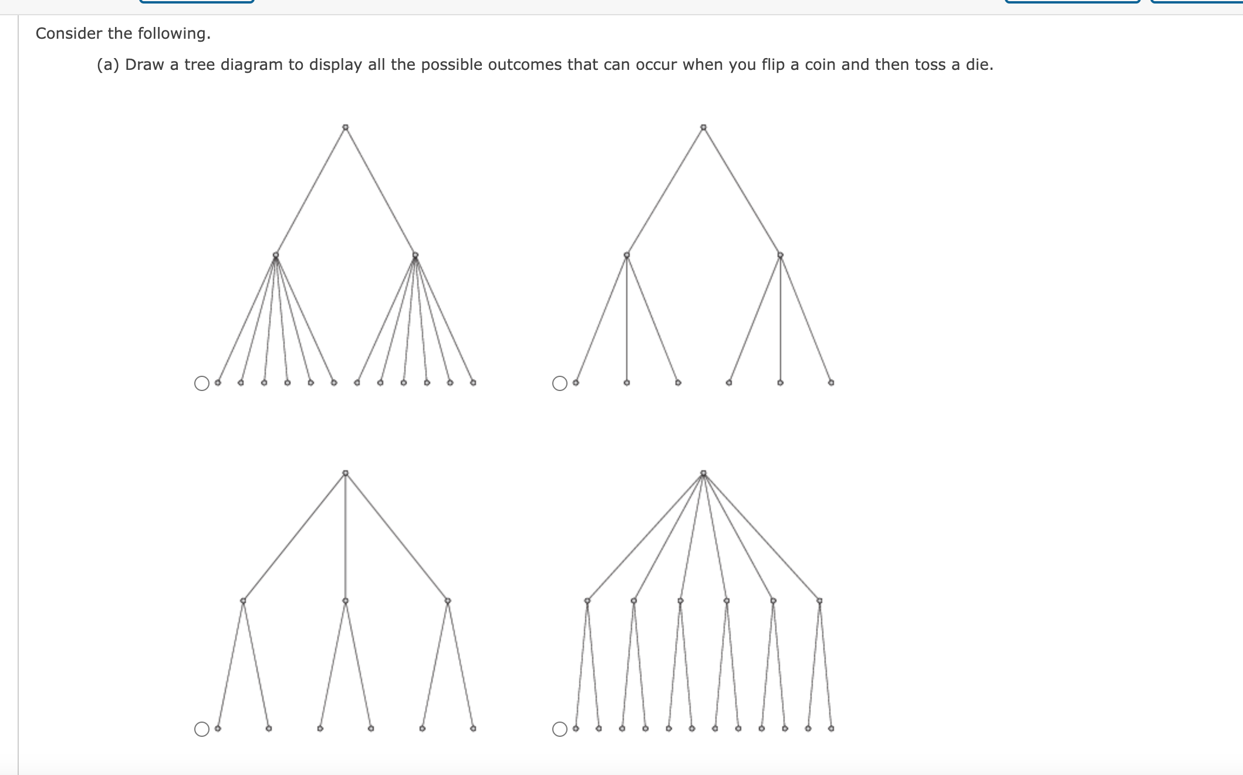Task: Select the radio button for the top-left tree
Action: (202, 383)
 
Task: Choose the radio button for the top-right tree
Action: (560, 383)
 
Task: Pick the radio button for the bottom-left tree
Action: (202, 729)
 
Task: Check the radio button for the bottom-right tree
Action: (560, 729)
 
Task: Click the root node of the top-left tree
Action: (346, 127)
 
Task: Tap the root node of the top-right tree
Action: (704, 127)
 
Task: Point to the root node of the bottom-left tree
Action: (346, 473)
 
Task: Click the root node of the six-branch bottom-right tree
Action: (704, 473)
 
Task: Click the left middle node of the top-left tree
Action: (276, 255)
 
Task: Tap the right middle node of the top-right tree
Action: (780, 255)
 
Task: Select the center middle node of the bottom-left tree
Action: (346, 601)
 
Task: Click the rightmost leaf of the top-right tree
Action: (831, 382)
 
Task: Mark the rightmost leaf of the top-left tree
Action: (473, 382)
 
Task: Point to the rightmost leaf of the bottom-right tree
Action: (831, 728)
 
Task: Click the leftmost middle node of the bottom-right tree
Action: (587, 601)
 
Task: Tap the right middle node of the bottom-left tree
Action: (448, 601)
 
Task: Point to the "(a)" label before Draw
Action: (108, 65)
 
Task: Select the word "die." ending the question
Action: (979, 65)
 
